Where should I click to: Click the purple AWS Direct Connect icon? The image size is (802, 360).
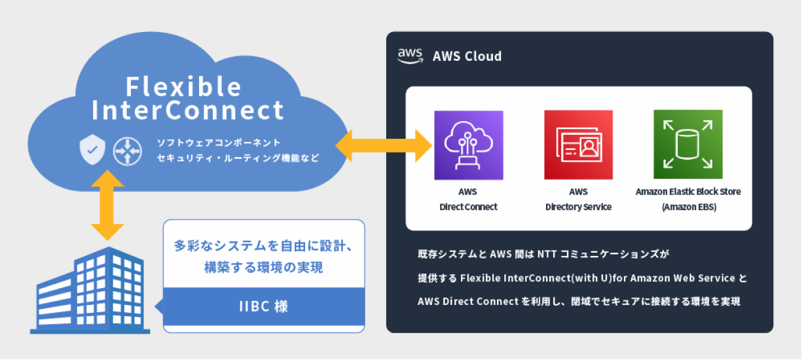click(x=469, y=145)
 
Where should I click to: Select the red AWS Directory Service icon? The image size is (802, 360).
click(x=578, y=145)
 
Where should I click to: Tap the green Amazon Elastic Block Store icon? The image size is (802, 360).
click(x=687, y=145)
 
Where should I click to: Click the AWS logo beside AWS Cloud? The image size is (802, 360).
click(x=409, y=56)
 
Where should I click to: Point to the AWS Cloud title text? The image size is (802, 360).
click(x=467, y=56)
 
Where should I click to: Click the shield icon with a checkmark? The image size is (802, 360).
click(x=92, y=150)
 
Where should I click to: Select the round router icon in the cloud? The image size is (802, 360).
click(x=127, y=150)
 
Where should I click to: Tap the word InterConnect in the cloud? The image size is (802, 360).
click(x=189, y=110)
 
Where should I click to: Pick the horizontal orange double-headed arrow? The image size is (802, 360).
click(x=385, y=145)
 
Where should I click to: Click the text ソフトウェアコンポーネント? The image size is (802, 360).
click(x=219, y=142)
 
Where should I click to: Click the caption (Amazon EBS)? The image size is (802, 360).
click(x=687, y=207)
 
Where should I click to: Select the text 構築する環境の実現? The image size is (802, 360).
click(x=263, y=268)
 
